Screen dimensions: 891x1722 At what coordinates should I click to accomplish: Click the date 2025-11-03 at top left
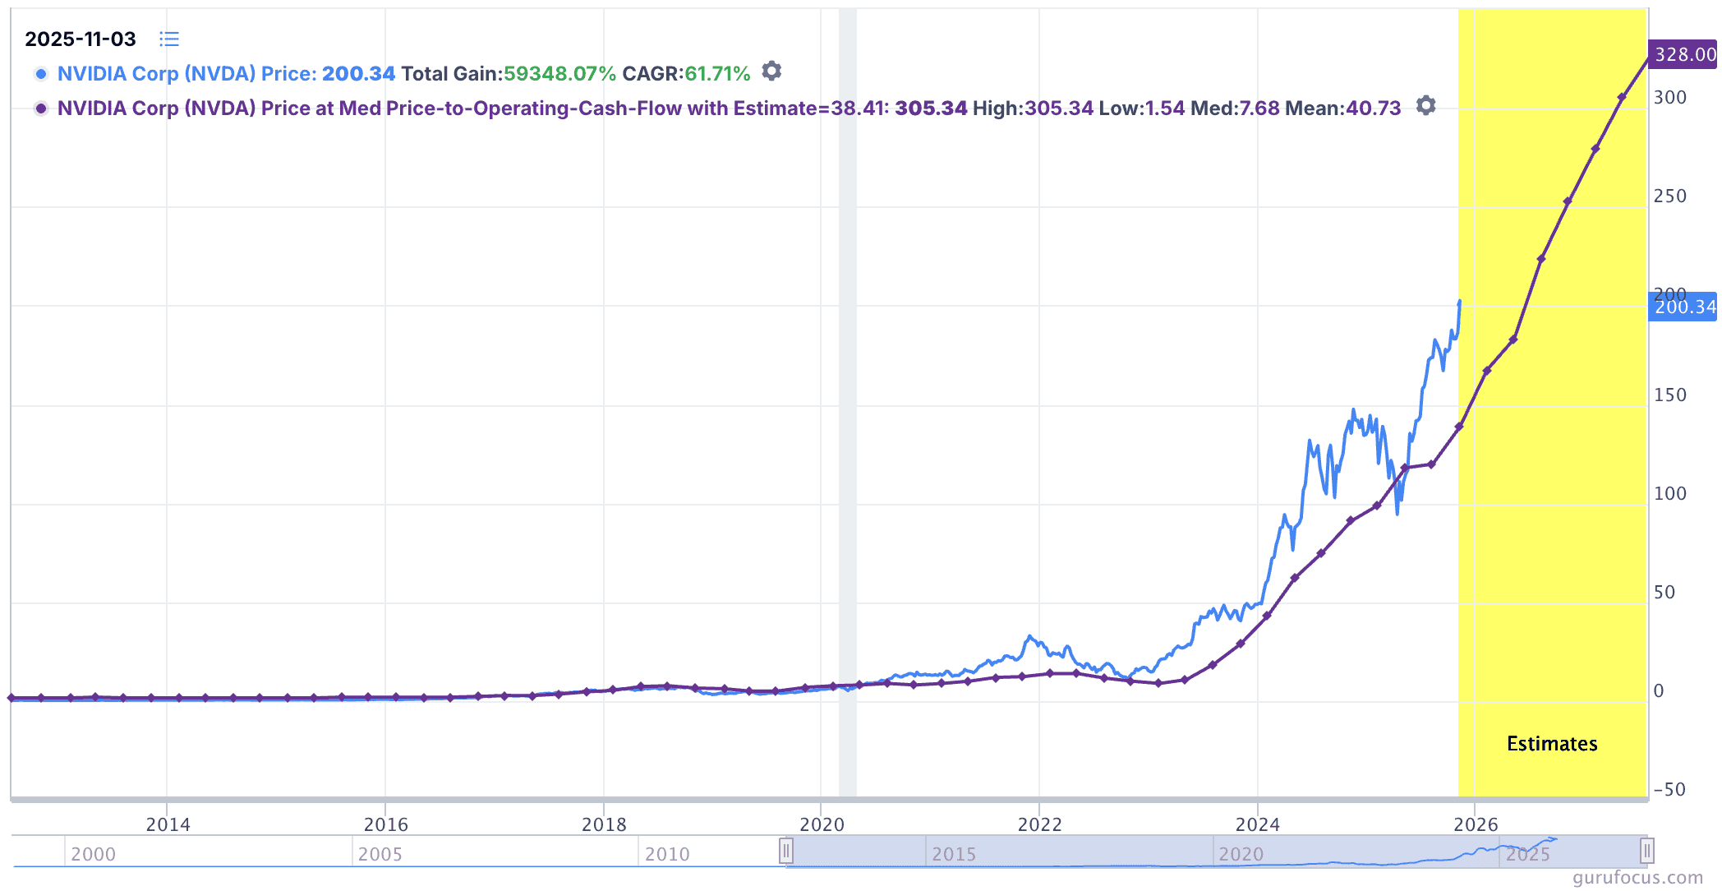click(x=81, y=39)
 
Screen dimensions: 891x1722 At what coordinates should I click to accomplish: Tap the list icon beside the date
click(x=169, y=39)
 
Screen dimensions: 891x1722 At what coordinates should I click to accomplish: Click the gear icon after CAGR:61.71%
click(x=771, y=72)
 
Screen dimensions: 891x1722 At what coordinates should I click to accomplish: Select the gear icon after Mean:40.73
click(x=1426, y=106)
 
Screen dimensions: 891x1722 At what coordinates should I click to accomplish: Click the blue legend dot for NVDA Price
click(x=41, y=74)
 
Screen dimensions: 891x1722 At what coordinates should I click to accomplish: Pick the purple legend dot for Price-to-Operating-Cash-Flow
click(x=41, y=108)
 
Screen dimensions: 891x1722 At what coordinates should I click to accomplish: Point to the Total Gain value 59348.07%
click(x=559, y=74)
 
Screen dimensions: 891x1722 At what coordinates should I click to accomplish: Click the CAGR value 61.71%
click(x=717, y=74)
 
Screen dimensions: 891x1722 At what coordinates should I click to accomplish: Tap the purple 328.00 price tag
click(x=1683, y=54)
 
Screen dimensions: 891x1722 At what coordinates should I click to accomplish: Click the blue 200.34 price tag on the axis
click(x=1683, y=307)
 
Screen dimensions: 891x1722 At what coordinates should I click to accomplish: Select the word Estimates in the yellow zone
click(x=1552, y=744)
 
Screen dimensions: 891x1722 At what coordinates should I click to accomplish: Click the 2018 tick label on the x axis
click(x=604, y=824)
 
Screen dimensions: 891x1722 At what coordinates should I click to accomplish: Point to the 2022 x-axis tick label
click(x=1039, y=824)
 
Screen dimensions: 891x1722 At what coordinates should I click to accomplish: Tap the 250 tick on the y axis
click(x=1669, y=196)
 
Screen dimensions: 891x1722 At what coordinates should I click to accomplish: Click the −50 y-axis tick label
click(x=1669, y=790)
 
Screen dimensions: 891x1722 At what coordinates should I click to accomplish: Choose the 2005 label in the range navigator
click(x=380, y=854)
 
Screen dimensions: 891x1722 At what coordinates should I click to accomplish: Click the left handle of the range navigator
click(x=786, y=851)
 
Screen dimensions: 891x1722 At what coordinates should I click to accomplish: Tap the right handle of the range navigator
click(x=1646, y=851)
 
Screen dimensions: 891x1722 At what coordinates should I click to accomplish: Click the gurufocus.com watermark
click(x=1637, y=878)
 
